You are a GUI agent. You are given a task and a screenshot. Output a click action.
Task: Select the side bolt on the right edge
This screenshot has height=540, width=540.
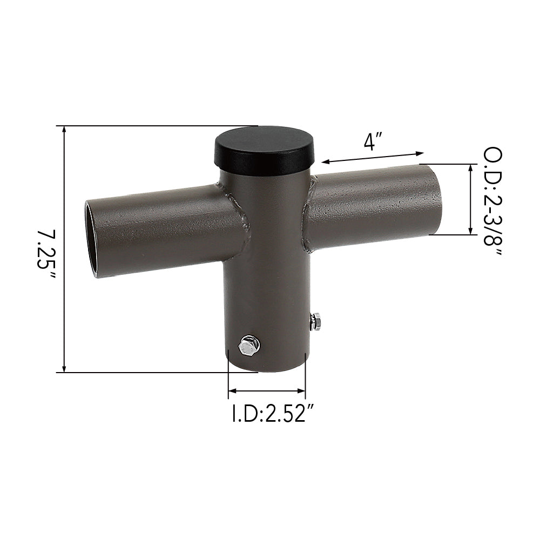[x=315, y=321]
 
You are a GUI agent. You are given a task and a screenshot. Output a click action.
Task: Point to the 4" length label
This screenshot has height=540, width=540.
[x=373, y=142]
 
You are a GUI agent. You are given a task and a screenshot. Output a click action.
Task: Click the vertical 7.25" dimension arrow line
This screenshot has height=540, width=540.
[x=64, y=248]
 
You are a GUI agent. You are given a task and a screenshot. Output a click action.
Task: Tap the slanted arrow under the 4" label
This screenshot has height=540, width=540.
[x=373, y=157]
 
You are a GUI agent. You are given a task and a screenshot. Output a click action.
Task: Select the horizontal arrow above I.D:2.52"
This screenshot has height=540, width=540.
[x=267, y=390]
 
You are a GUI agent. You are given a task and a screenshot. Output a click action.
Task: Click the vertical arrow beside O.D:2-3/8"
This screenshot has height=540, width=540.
[x=470, y=200]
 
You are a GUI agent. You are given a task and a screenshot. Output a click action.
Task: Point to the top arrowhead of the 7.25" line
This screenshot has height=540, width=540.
[x=64, y=130]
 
